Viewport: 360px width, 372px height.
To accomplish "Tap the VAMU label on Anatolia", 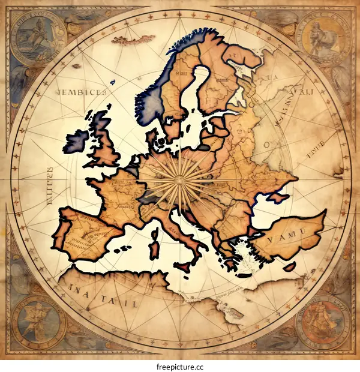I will tap(286, 238).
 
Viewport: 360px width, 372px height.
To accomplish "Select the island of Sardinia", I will tap(154, 247).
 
